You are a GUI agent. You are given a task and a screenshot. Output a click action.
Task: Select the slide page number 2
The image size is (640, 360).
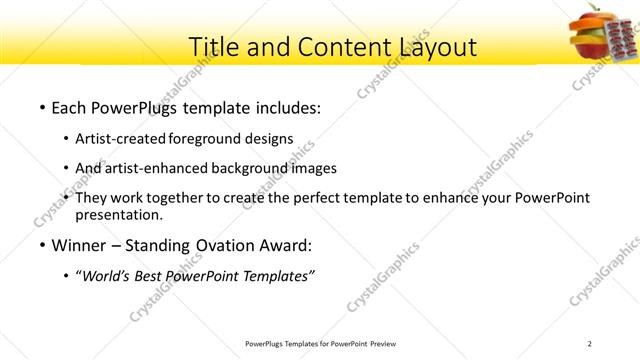[x=590, y=343]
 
